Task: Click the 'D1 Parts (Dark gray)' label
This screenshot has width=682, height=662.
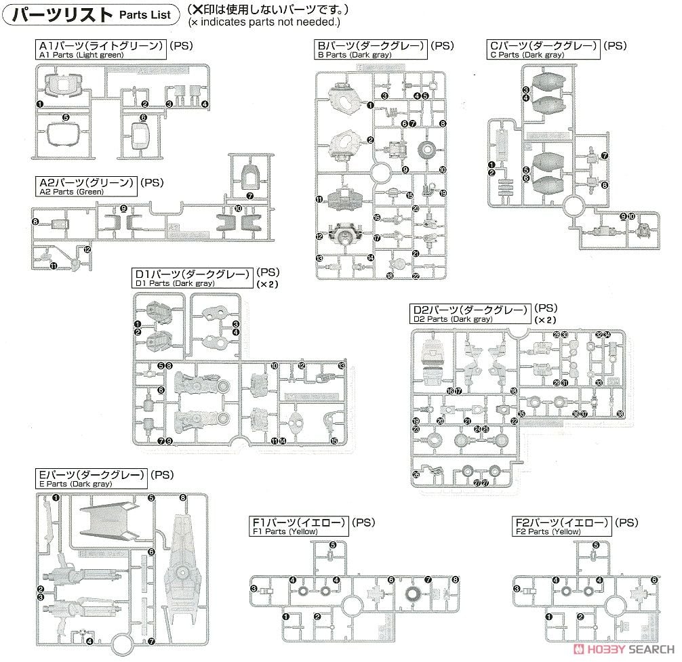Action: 193,278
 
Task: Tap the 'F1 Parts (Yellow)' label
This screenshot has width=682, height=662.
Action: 299,527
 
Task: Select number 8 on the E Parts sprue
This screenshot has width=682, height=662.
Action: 183,497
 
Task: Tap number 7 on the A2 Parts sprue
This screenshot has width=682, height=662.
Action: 250,196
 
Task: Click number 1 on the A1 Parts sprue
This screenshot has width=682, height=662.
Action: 41,104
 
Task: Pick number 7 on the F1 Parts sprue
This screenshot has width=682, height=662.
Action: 428,580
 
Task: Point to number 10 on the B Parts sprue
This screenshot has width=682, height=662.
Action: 443,171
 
